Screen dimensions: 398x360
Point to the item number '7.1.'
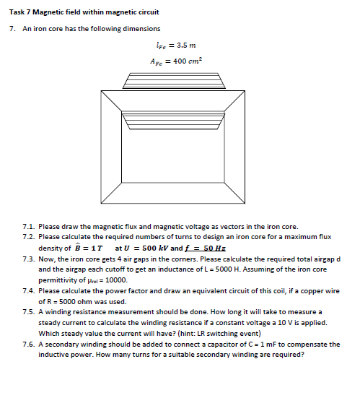29,226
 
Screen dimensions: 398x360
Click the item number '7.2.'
29,236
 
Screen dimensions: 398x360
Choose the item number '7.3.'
29,258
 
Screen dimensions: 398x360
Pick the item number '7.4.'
29,290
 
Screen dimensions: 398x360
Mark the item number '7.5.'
29,311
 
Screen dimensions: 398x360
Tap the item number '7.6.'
29,344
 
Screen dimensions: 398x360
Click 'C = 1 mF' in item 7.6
271,344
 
